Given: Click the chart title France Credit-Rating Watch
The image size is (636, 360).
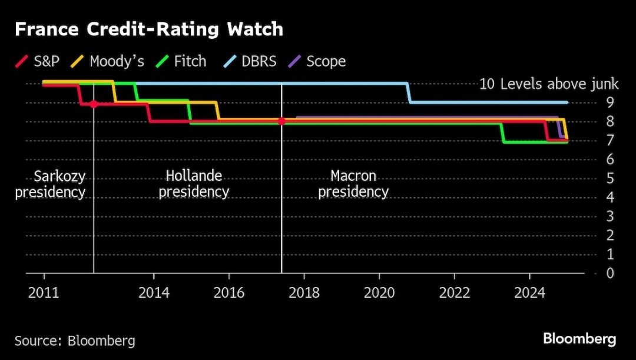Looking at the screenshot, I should click(148, 29).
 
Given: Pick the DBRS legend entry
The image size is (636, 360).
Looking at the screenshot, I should click(250, 61).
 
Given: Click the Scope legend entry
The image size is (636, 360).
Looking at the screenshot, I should click(319, 61).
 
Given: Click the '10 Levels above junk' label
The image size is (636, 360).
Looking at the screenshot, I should click(541, 84).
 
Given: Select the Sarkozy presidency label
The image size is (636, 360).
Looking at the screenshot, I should click(51, 184).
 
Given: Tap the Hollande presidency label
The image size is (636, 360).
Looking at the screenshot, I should click(194, 184).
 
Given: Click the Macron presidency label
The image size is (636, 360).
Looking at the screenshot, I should click(353, 184).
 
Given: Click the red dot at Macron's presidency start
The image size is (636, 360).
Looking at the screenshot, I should click(281, 121).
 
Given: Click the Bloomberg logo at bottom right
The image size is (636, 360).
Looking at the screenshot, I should click(579, 339).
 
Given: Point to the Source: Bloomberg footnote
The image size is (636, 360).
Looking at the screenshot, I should click(75, 341).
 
